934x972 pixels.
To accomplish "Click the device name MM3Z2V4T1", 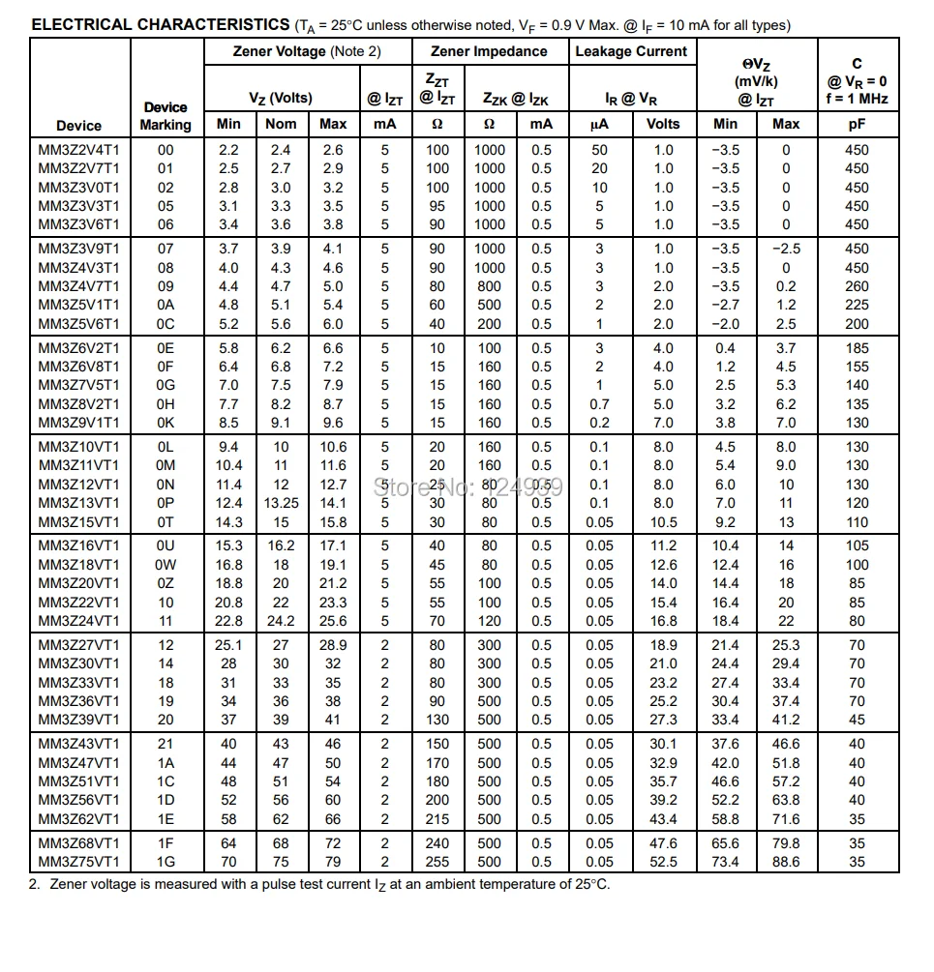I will coord(79,150).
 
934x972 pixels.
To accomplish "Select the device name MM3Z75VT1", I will coord(79,862).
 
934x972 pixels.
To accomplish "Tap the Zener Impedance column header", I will coord(489,51).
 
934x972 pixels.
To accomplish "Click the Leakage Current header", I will coord(631,51).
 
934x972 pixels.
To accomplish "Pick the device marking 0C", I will coord(166,324).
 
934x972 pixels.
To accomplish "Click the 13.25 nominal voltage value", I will coord(281,503).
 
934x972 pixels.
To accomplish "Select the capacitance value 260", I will coord(857,286).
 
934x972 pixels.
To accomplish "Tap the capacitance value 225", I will coord(857,305).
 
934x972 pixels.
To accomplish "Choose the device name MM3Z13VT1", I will coord(79,503).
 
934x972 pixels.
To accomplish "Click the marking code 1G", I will coord(166,862).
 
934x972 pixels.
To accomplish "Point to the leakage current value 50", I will coord(599,150).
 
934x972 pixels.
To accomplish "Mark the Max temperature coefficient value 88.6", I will coord(786,862).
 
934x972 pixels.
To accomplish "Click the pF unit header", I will coord(857,124).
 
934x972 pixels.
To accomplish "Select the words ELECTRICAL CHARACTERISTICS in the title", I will coord(160,24).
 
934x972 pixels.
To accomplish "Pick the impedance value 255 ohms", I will coord(437,862).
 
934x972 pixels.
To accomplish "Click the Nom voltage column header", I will coord(281,124).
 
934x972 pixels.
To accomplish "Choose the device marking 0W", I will coord(166,565).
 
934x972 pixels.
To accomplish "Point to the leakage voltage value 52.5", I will coord(663,862).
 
